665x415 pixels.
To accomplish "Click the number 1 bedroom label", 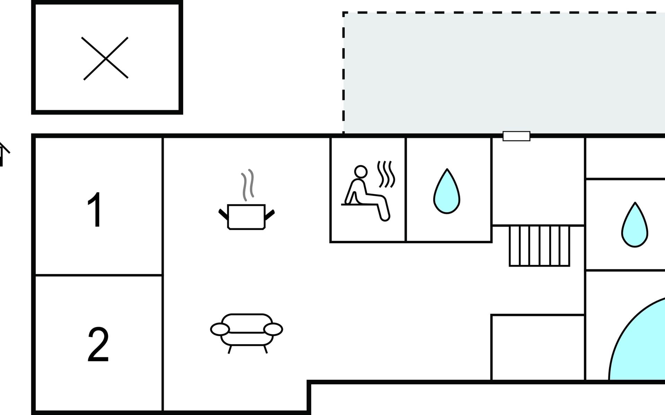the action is pyautogui.click(x=95, y=210).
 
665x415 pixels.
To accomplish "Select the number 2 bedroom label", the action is pyautogui.click(x=98, y=344).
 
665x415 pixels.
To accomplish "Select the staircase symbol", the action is pyautogui.click(x=539, y=246).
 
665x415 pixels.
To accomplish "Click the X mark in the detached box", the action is pyautogui.click(x=106, y=59).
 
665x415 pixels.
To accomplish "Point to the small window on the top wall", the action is pyautogui.click(x=516, y=136).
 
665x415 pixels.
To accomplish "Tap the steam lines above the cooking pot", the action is pyautogui.click(x=247, y=185).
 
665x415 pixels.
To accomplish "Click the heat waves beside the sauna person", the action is pyautogui.click(x=386, y=174).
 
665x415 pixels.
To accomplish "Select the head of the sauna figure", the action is pyautogui.click(x=361, y=172).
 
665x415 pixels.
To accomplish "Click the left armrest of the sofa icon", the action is pyautogui.click(x=220, y=329).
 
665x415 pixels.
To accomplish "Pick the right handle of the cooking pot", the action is pyautogui.click(x=269, y=215).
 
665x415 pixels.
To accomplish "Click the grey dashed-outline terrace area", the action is pyautogui.click(x=504, y=73).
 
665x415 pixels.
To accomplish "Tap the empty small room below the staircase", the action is pyautogui.click(x=538, y=348).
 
